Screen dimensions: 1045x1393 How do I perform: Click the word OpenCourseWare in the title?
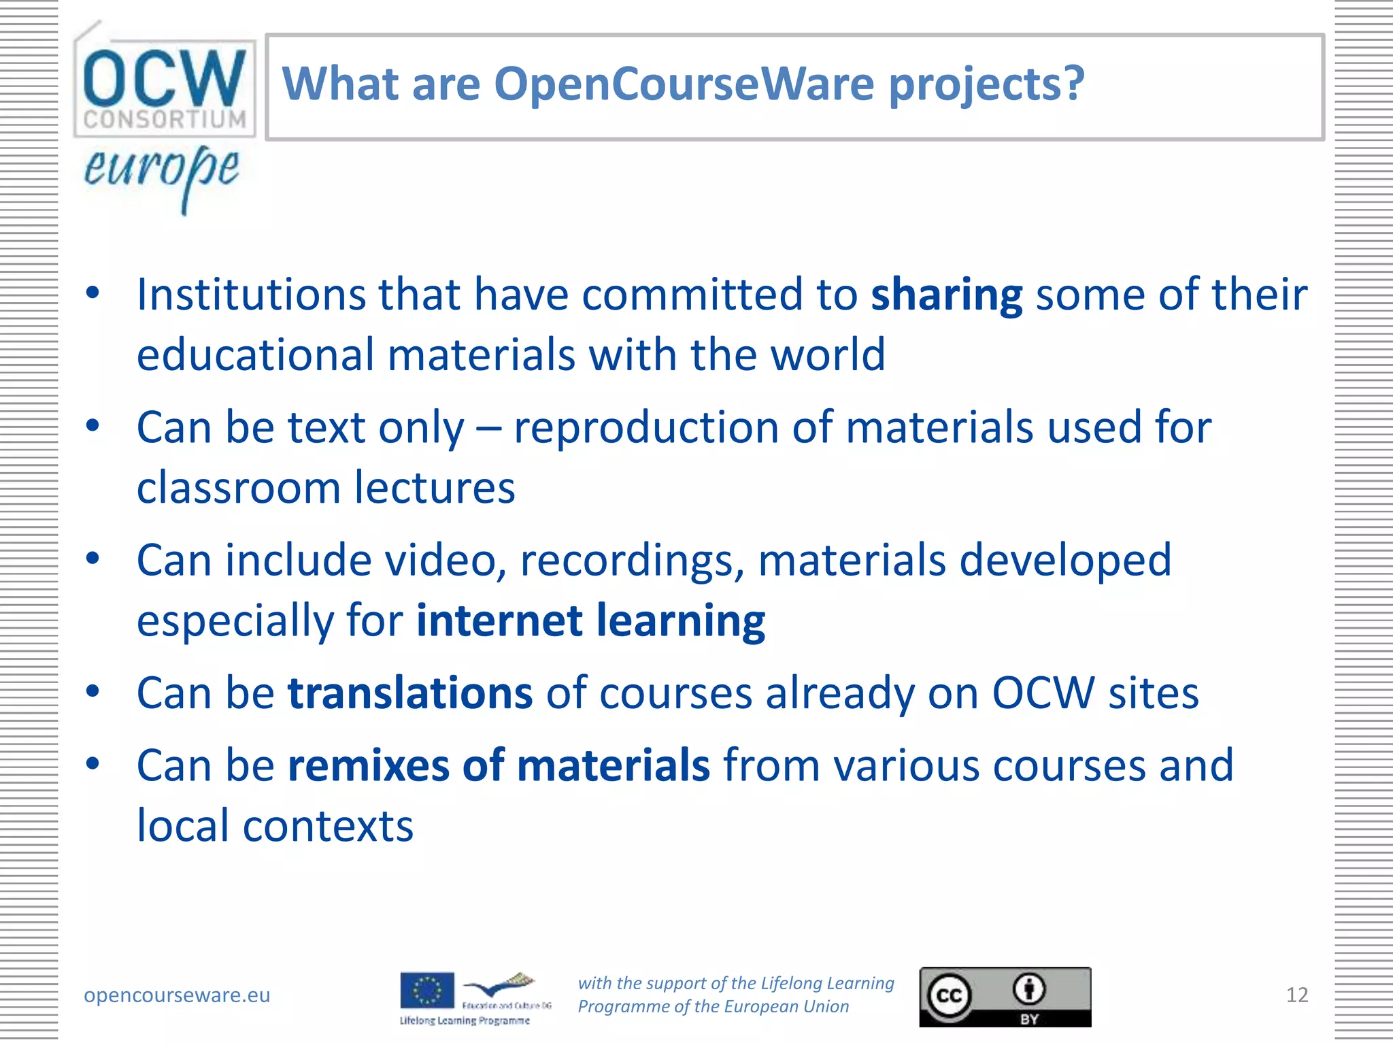pyautogui.click(x=684, y=84)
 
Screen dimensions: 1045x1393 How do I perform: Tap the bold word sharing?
pyautogui.click(x=946, y=295)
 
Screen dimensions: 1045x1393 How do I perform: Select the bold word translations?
pyautogui.click(x=410, y=693)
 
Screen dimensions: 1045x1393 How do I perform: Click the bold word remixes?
pyautogui.click(x=368, y=765)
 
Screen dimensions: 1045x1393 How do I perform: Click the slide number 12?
pyautogui.click(x=1296, y=995)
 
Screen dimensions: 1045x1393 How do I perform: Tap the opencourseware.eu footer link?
pyautogui.click(x=177, y=995)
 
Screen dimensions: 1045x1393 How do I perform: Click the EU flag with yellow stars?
pyautogui.click(x=426, y=990)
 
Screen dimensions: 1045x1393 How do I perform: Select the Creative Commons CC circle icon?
pyautogui.click(x=949, y=995)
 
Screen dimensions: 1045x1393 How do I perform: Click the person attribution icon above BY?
pyautogui.click(x=1029, y=989)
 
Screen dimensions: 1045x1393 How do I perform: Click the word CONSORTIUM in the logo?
pyautogui.click(x=165, y=120)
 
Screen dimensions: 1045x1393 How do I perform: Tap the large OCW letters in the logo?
pyautogui.click(x=164, y=78)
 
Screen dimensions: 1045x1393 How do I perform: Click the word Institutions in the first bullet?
pyautogui.click(x=251, y=295)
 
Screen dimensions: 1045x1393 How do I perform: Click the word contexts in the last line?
pyautogui.click(x=328, y=826)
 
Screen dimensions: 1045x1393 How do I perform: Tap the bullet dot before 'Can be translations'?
pyautogui.click(x=93, y=691)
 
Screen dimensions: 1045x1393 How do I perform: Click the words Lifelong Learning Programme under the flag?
pyautogui.click(x=465, y=1021)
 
